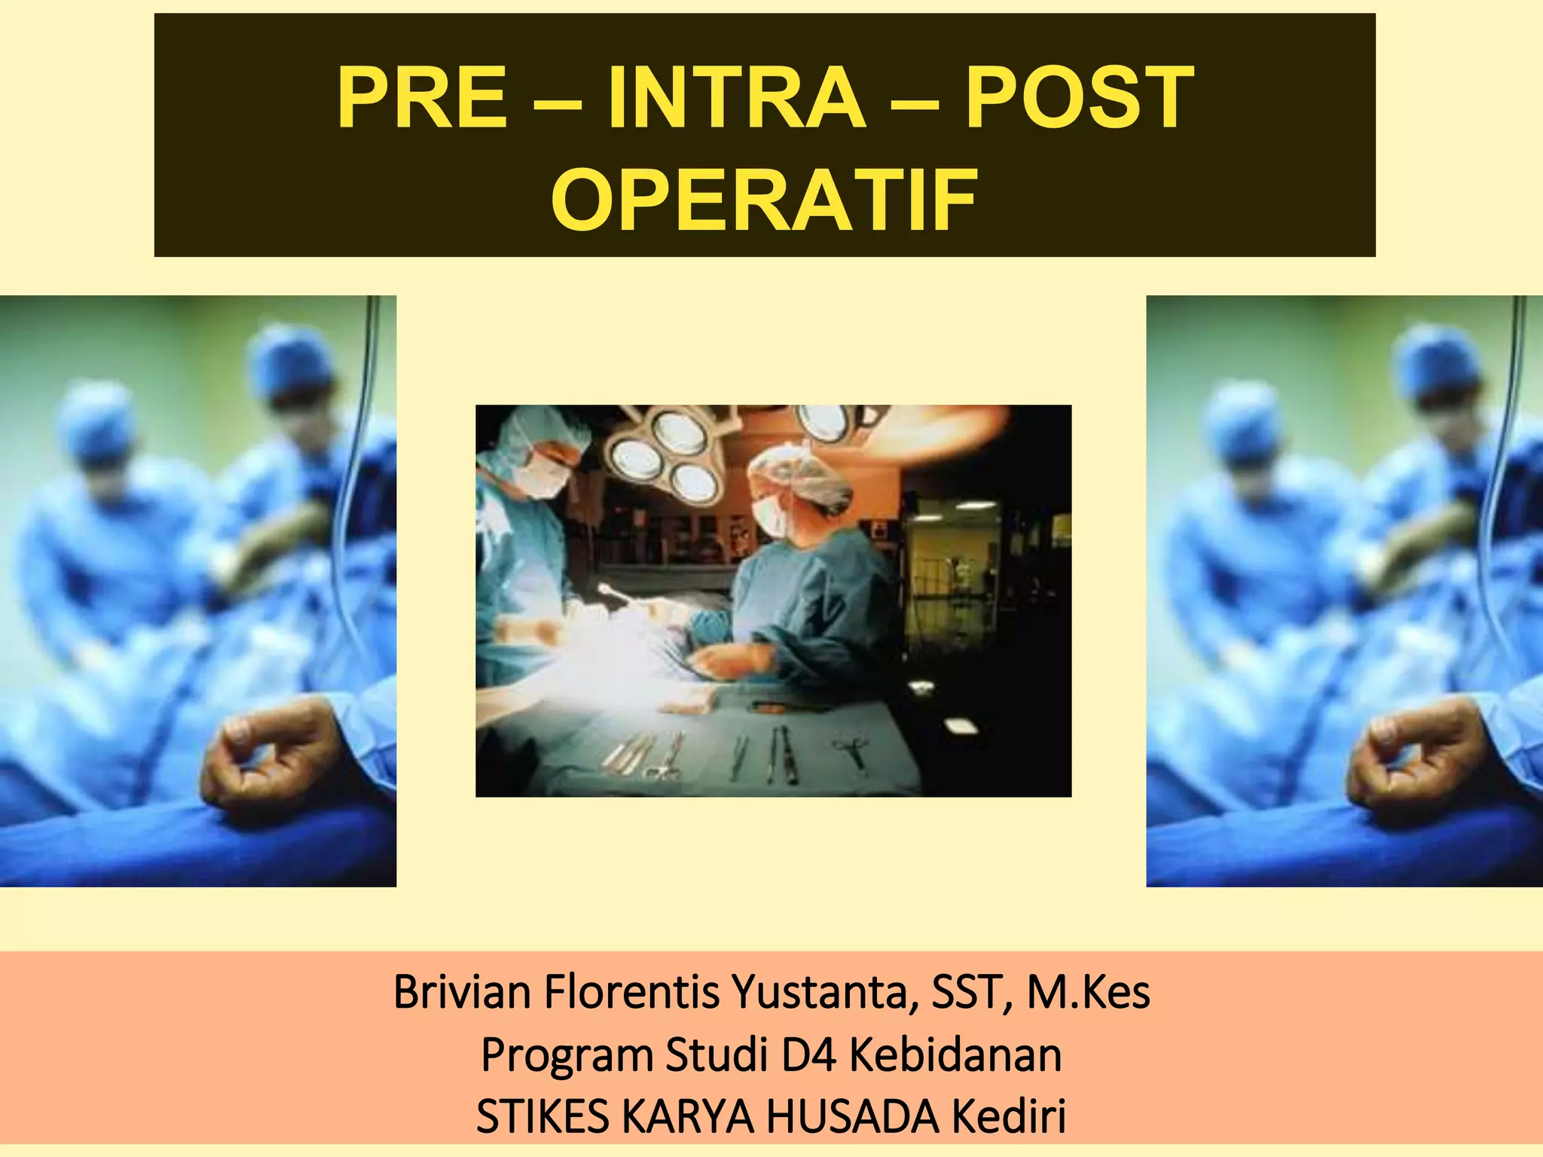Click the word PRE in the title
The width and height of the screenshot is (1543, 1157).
(x=422, y=99)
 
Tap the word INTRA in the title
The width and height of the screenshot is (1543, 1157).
(x=737, y=99)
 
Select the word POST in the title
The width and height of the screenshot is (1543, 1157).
(x=1080, y=99)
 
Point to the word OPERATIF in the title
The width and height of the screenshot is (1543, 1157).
(x=764, y=200)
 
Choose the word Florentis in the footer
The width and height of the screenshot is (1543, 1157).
(x=631, y=993)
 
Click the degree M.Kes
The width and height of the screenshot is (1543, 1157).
(x=1088, y=993)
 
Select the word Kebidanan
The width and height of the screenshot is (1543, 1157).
(x=955, y=1055)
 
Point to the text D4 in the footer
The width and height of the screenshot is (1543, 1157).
(x=809, y=1055)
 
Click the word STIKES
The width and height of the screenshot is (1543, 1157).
(x=542, y=1116)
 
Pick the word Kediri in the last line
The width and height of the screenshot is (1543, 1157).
(x=1010, y=1116)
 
